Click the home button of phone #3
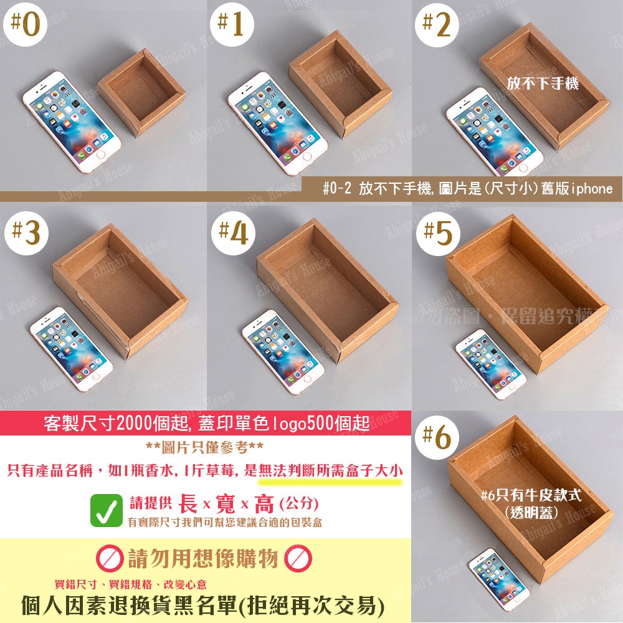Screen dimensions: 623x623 pos(95,376)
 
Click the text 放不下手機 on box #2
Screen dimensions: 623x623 pos(543,82)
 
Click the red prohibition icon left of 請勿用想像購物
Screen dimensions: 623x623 pos(110,559)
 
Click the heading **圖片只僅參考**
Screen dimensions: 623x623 pos(204,447)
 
